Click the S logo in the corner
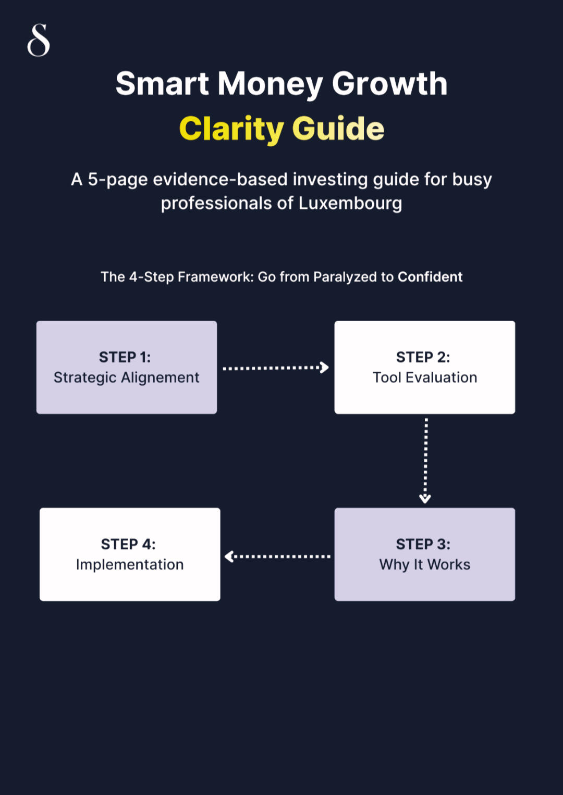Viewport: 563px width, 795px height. (x=39, y=40)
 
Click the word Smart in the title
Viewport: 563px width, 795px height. (x=162, y=84)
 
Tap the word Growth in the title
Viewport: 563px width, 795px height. (x=389, y=84)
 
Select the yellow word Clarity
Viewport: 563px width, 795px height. (x=231, y=129)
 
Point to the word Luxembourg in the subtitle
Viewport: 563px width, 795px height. (x=350, y=203)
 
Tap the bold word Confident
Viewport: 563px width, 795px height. (x=430, y=277)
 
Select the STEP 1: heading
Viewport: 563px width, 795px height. (x=125, y=357)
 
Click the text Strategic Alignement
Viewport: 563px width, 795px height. (x=127, y=377)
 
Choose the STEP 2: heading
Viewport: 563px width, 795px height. (x=423, y=357)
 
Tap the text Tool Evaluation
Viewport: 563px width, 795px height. (x=425, y=377)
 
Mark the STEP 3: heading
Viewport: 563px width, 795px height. (x=423, y=544)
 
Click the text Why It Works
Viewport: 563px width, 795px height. (x=425, y=565)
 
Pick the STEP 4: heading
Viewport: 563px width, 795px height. (x=128, y=544)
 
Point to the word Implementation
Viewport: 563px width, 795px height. (x=130, y=565)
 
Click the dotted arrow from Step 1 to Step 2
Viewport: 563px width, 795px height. (x=275, y=368)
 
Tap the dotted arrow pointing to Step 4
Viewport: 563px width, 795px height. (x=277, y=557)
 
